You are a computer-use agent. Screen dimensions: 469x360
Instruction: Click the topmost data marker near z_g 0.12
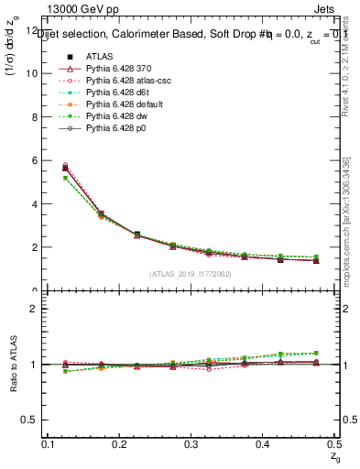point(65,165)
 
